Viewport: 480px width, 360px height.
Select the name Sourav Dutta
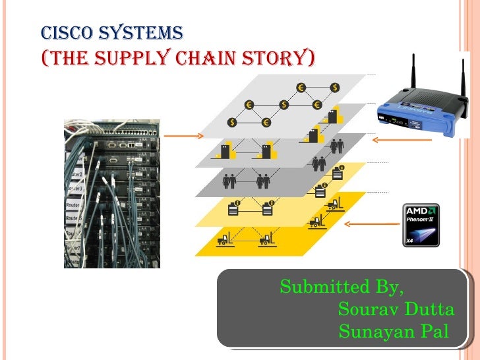click(x=396, y=309)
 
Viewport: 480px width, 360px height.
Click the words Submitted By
click(x=342, y=287)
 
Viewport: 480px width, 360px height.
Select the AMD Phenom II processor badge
click(x=421, y=225)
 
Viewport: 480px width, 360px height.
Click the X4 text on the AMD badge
click(x=409, y=241)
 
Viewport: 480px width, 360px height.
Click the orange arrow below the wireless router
click(x=394, y=140)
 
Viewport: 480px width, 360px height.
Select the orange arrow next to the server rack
click(x=181, y=136)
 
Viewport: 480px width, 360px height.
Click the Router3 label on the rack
click(x=75, y=189)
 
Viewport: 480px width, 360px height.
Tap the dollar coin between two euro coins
click(x=284, y=104)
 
